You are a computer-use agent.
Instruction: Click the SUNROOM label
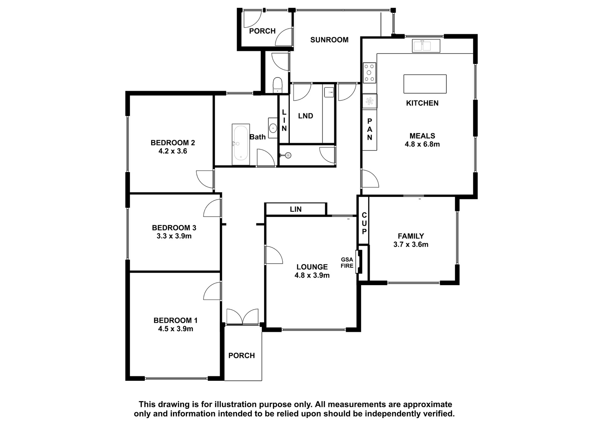(x=329, y=40)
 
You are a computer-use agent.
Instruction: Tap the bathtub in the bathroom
(x=241, y=144)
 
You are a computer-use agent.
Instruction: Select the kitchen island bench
(x=425, y=84)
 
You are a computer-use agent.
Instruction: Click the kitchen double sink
(x=426, y=46)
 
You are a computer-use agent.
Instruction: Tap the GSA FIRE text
(x=347, y=263)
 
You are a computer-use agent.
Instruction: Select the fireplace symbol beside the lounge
(x=359, y=261)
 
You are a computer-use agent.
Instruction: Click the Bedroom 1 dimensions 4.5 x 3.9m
(x=176, y=328)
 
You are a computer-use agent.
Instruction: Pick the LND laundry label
(x=306, y=116)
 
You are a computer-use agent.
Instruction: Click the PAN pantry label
(x=370, y=130)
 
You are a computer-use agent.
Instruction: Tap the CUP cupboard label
(x=364, y=223)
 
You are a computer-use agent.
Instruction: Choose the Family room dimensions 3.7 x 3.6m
(x=411, y=244)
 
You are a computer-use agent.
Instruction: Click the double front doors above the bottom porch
(x=243, y=316)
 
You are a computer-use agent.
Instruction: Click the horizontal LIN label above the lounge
(x=295, y=209)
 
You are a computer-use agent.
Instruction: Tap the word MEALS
(x=422, y=136)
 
